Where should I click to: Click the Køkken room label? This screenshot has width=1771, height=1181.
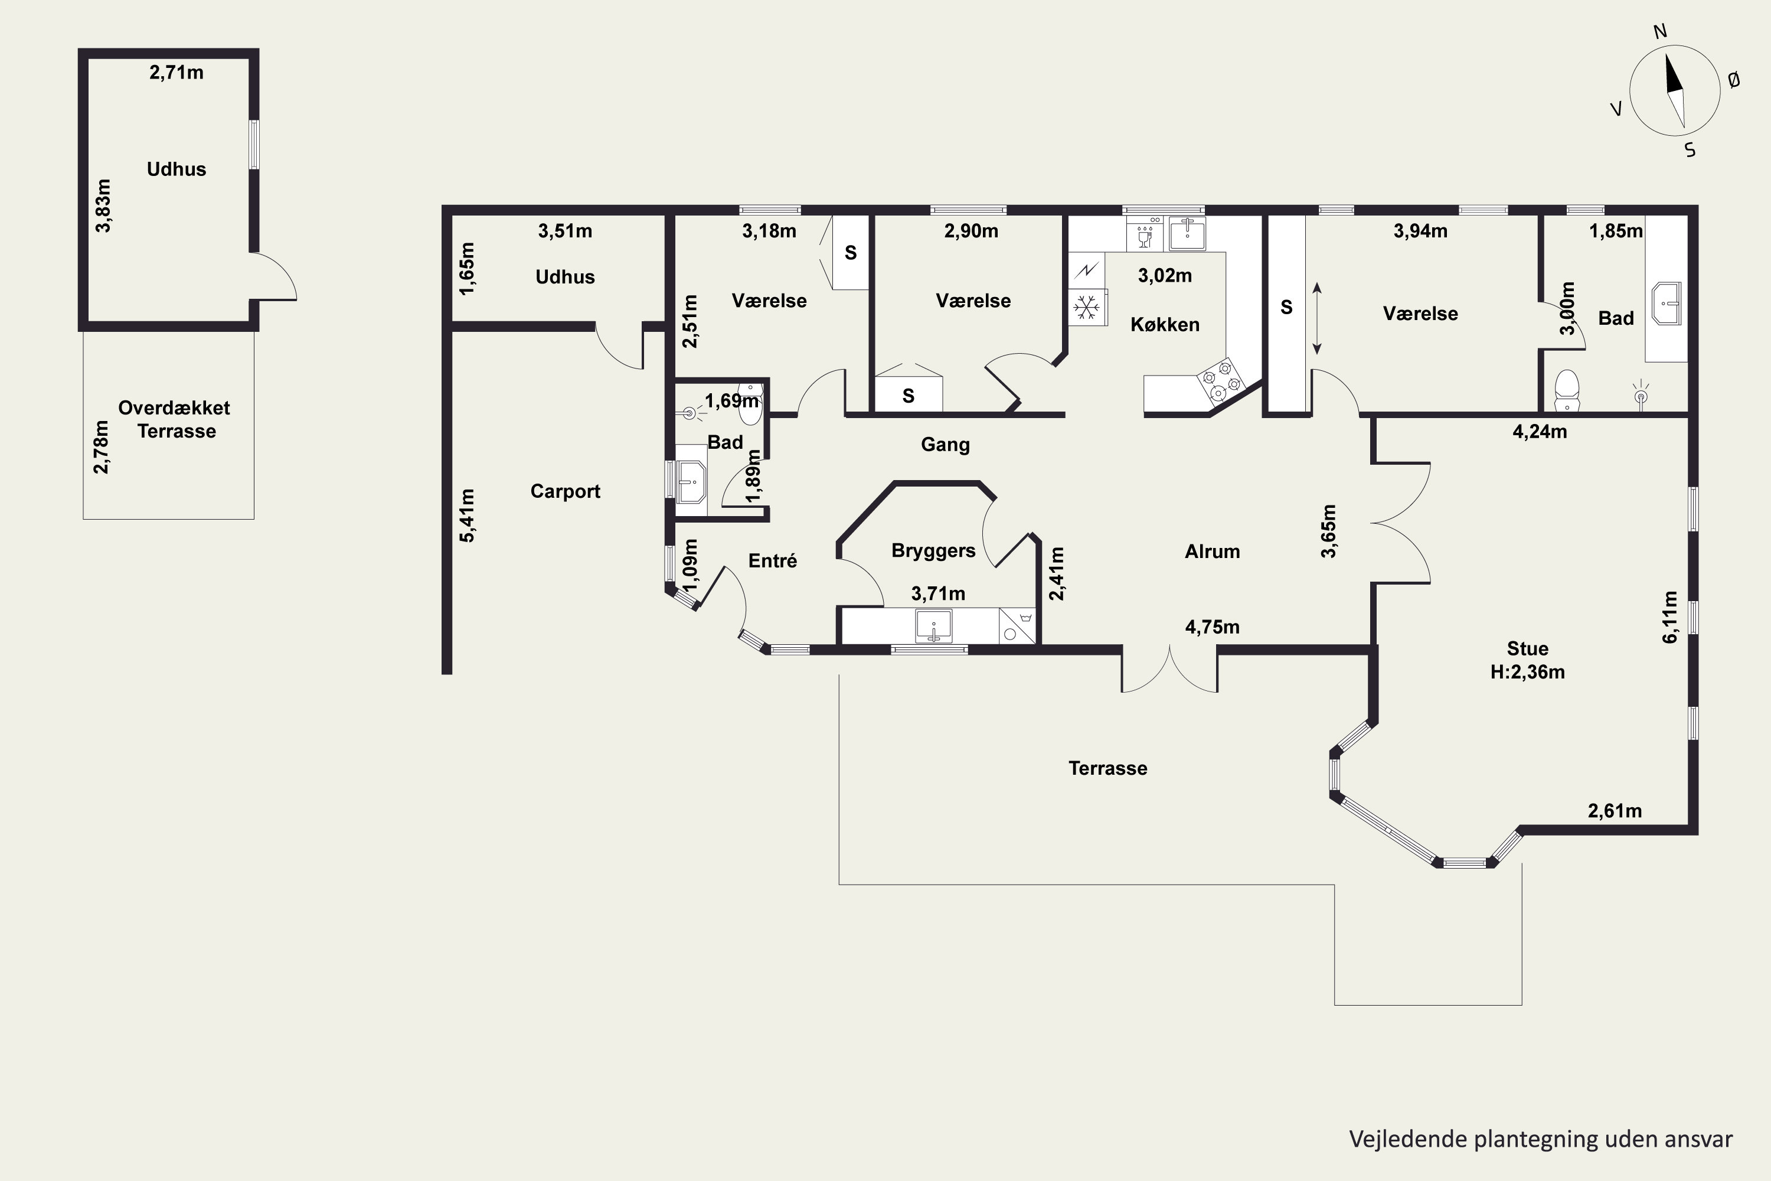[1165, 325]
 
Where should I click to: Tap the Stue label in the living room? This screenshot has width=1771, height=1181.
[1527, 648]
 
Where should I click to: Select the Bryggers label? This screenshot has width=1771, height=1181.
[933, 550]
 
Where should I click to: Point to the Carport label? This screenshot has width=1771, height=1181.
[565, 491]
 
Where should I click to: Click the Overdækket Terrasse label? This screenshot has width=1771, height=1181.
[175, 419]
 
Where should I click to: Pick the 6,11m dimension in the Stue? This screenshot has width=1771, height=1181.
[1669, 617]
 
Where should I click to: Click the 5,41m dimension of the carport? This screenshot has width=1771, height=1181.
[467, 515]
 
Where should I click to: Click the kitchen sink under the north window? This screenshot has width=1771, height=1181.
[1187, 233]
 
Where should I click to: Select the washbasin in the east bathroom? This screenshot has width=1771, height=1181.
[1665, 304]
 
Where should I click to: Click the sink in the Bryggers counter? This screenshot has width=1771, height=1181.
[934, 626]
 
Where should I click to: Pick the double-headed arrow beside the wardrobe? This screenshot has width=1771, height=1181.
[1317, 319]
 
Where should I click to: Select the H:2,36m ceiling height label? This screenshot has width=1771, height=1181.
[1527, 672]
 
